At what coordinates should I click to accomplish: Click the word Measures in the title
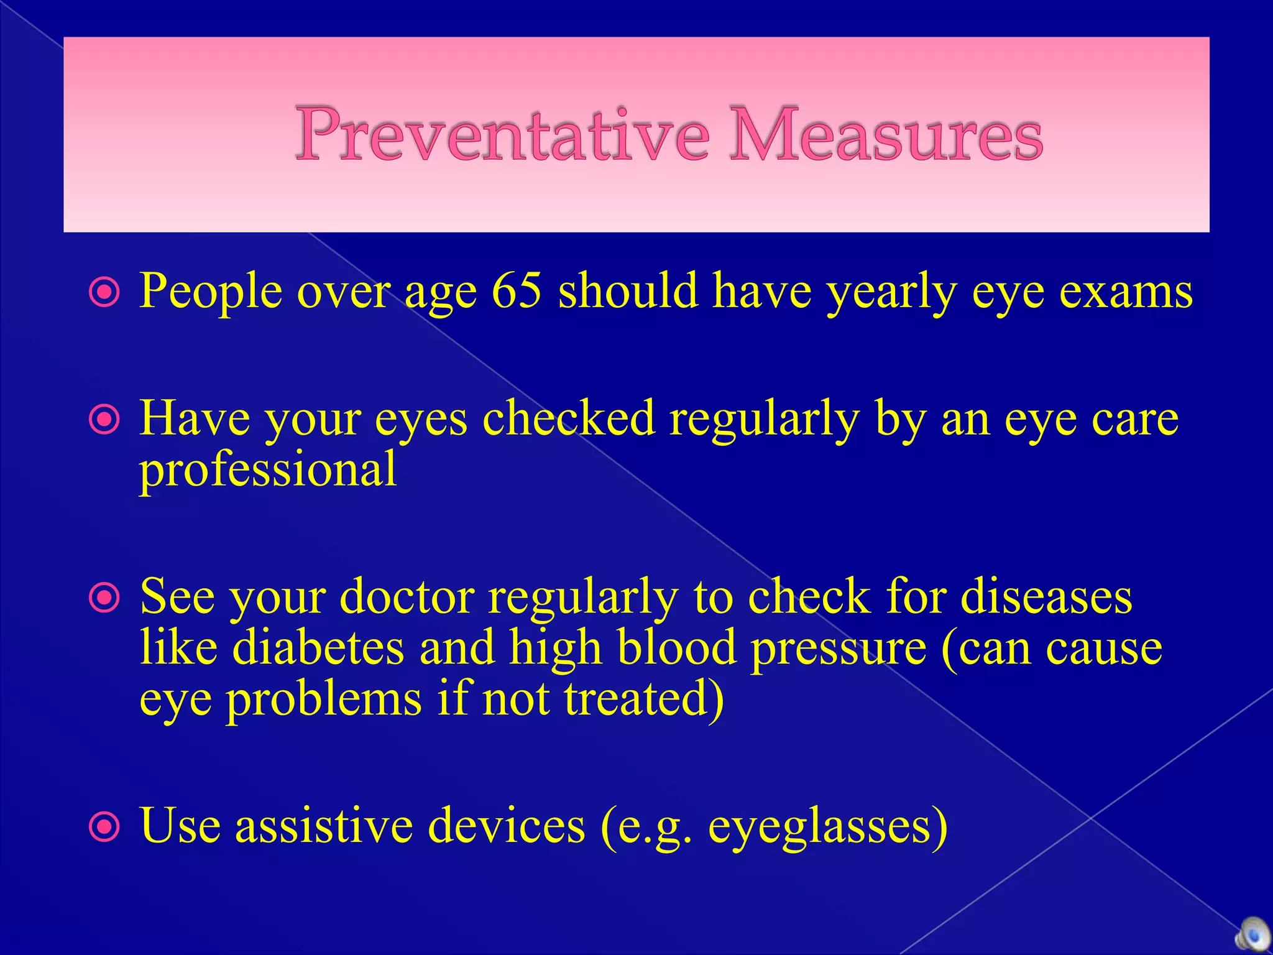click(x=885, y=134)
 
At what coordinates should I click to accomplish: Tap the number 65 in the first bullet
click(x=517, y=290)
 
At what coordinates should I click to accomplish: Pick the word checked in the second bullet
click(x=568, y=418)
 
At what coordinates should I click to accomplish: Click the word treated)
click(x=644, y=699)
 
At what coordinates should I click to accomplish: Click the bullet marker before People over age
click(x=104, y=292)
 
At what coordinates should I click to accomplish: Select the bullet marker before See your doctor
click(x=104, y=599)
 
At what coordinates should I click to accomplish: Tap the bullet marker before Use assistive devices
click(x=104, y=828)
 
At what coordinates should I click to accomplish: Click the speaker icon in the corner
click(x=1252, y=936)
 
